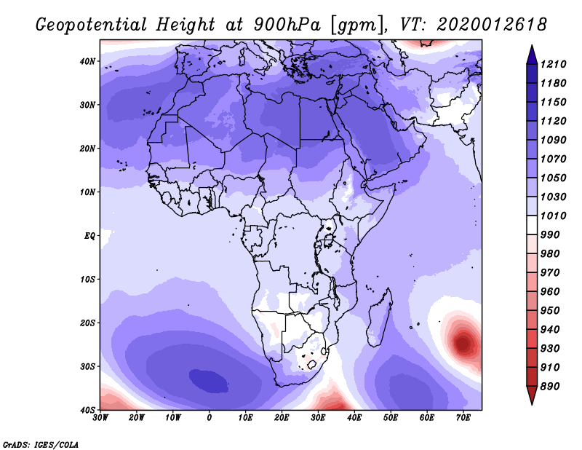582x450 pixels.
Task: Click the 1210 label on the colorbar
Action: (553, 64)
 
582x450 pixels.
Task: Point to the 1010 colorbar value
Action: (553, 216)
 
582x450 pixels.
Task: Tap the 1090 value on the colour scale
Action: (553, 140)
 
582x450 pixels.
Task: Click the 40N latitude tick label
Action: (87, 61)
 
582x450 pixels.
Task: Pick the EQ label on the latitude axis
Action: (89, 236)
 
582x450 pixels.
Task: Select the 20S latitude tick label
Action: (87, 323)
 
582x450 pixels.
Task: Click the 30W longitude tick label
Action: (100, 418)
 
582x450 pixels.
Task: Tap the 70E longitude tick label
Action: (463, 418)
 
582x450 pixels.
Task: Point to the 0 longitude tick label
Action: (210, 418)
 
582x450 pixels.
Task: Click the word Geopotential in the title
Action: (92, 25)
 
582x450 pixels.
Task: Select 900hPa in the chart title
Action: (287, 25)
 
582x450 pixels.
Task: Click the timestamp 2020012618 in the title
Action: (492, 25)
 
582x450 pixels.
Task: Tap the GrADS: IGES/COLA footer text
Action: (41, 445)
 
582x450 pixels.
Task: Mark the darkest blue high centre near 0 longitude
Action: (209, 381)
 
